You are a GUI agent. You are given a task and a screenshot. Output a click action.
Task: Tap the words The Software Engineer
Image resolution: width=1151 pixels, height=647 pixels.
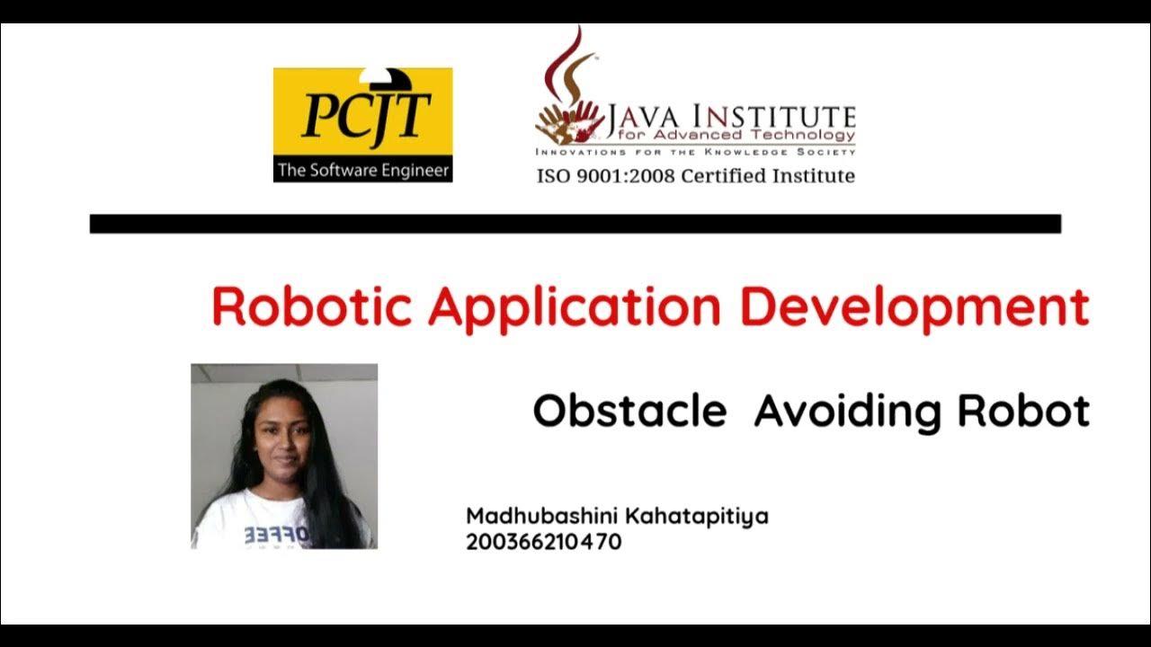click(362, 170)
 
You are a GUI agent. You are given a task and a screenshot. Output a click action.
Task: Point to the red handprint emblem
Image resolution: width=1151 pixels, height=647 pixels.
click(569, 122)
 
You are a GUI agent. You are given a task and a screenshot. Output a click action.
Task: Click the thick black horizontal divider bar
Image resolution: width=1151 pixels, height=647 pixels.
click(575, 224)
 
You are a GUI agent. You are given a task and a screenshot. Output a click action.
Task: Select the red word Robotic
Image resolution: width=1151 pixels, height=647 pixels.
click(311, 307)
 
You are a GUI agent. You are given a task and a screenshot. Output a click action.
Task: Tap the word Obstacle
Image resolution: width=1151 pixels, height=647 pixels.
click(629, 412)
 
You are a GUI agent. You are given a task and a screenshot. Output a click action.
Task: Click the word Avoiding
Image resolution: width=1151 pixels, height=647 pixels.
click(848, 412)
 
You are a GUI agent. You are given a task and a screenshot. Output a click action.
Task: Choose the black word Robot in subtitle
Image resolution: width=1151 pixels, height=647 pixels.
click(1023, 412)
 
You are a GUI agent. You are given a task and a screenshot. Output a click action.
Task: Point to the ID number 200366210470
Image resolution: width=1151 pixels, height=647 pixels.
click(543, 542)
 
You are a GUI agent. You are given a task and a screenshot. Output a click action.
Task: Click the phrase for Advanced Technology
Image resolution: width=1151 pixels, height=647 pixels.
click(730, 135)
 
